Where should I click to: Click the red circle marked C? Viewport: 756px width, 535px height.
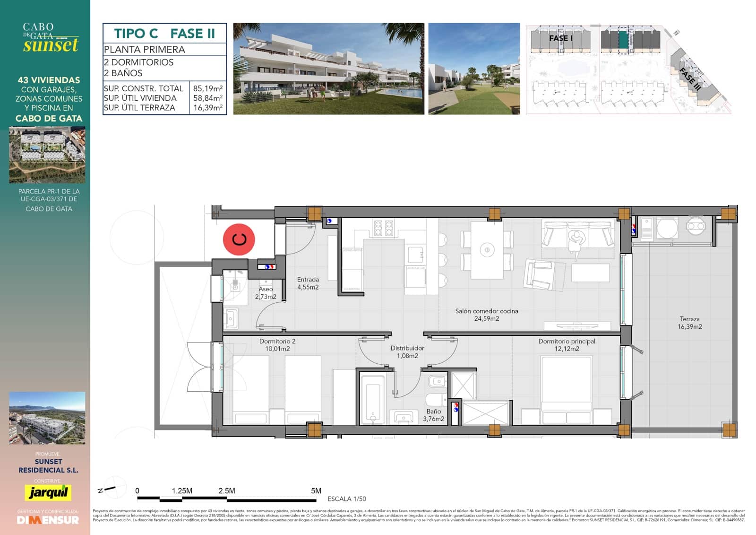(x=239, y=239)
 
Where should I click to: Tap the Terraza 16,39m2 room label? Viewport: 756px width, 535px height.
(x=689, y=323)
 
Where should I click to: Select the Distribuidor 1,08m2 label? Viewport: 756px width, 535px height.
(x=407, y=352)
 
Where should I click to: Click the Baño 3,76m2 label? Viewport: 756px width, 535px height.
(x=433, y=415)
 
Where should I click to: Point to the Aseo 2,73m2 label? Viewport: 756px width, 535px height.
(x=266, y=293)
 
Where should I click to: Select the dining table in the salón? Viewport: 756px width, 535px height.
(x=487, y=250)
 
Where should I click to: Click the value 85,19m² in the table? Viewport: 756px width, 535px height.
(x=207, y=88)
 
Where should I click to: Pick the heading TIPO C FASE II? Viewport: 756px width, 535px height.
(x=164, y=34)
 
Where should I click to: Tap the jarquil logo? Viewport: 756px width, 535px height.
(x=48, y=492)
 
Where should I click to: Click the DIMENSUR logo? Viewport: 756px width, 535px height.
(x=48, y=520)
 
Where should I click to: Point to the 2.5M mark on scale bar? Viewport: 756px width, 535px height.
(x=226, y=491)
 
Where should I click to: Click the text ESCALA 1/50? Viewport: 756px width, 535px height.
(x=346, y=499)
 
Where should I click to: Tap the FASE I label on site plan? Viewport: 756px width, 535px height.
(x=560, y=38)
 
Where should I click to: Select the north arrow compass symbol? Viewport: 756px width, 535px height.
(x=113, y=488)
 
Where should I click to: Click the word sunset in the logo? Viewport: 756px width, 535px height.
(x=51, y=45)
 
